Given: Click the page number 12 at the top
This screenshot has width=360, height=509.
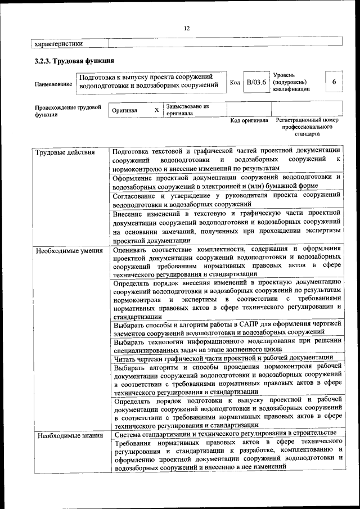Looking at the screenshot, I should click(x=187, y=29).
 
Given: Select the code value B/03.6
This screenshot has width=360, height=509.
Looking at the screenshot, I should click(x=256, y=82).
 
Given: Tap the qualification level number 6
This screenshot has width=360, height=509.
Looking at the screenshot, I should click(x=334, y=82).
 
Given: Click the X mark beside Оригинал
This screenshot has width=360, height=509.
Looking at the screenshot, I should click(x=156, y=110).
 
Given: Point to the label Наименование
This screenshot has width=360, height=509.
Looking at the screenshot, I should click(x=53, y=84).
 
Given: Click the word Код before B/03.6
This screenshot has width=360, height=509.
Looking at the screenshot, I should click(x=235, y=83).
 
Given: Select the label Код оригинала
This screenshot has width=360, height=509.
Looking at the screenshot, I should click(x=249, y=120).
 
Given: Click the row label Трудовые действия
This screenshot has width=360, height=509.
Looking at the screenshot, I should click(x=65, y=152).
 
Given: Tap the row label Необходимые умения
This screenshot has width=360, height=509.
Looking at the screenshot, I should click(x=69, y=251).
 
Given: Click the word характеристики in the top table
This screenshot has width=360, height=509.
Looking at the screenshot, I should click(x=58, y=43).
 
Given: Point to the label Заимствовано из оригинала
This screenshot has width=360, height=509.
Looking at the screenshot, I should click(x=187, y=109).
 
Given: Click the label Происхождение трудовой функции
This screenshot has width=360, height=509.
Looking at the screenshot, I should click(x=67, y=110).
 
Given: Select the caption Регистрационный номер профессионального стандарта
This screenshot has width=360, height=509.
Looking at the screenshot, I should click(x=307, y=127).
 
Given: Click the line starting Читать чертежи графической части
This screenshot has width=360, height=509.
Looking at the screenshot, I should click(x=223, y=358).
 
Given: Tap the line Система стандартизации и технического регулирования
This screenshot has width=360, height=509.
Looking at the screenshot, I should click(x=225, y=434).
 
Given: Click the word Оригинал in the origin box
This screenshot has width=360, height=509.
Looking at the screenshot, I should click(x=124, y=111).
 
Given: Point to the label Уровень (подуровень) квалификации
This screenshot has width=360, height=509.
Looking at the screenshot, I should click(x=291, y=82).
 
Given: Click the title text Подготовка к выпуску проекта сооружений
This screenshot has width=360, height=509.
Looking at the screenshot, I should click(x=146, y=76).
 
